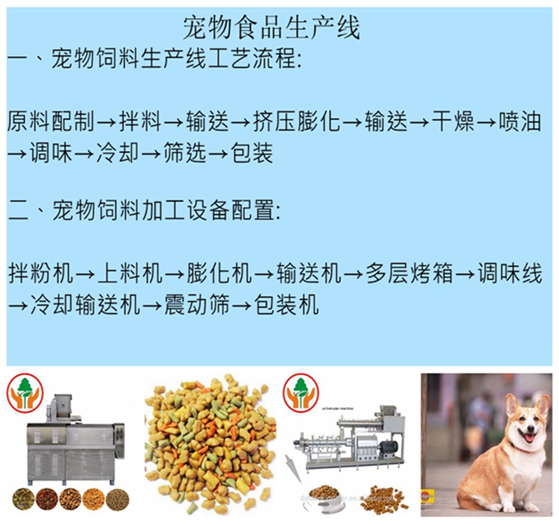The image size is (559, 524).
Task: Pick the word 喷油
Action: click(x=521, y=122)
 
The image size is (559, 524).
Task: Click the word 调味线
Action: click(x=509, y=273)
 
